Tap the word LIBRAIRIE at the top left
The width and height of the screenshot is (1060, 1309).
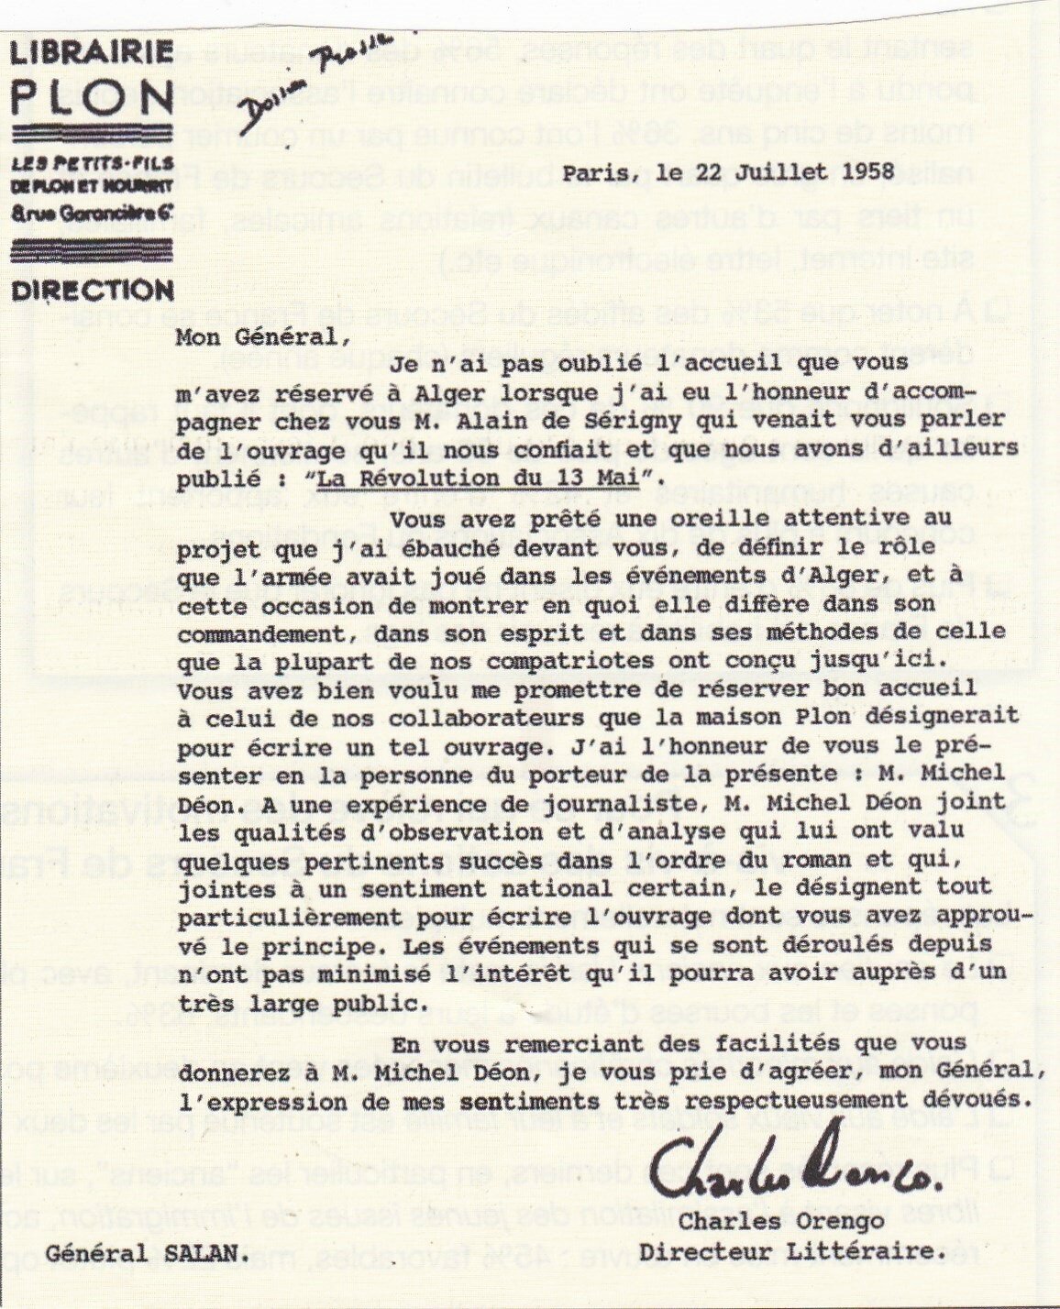point(93,51)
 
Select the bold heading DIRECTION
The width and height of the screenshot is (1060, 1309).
point(93,291)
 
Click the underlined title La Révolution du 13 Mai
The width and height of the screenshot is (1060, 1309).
point(486,477)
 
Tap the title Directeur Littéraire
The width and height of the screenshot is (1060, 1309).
point(778,1249)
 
